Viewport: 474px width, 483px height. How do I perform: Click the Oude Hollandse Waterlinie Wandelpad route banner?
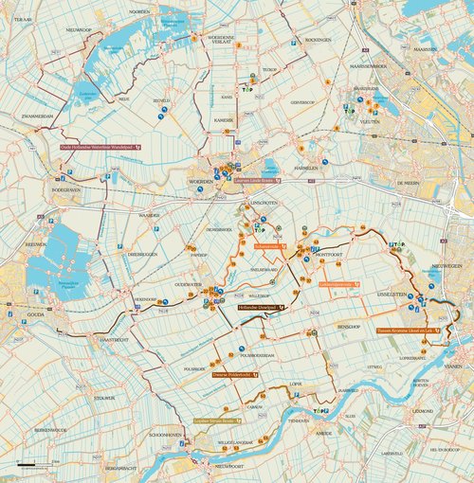coord(100,148)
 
